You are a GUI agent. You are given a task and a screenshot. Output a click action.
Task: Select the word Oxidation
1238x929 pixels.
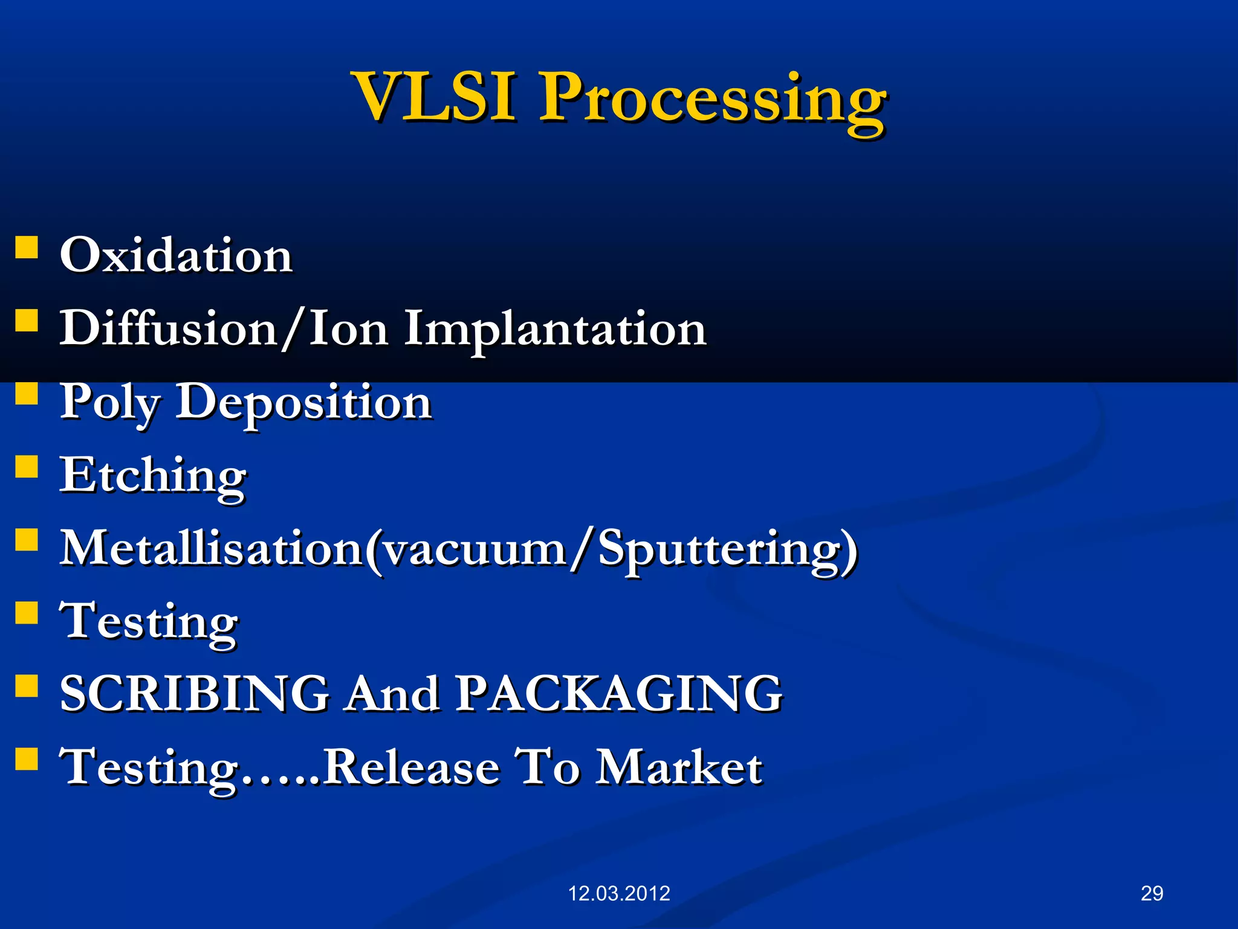click(176, 255)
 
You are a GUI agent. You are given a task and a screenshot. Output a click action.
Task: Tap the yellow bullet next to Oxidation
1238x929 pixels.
click(27, 248)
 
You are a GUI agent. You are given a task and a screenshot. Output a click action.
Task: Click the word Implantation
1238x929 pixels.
click(554, 330)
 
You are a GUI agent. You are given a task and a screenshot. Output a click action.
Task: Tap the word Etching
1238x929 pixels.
click(153, 477)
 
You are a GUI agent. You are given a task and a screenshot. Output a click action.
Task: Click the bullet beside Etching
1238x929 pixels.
click(27, 467)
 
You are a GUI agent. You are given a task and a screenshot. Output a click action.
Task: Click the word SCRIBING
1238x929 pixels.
click(195, 693)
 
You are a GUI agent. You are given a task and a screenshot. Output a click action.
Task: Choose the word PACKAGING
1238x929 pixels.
click(618, 693)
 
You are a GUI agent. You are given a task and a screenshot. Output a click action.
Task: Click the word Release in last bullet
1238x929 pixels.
click(411, 767)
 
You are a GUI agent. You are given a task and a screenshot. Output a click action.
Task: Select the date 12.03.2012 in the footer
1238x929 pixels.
click(619, 893)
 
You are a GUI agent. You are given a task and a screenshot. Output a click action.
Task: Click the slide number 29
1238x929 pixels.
click(1152, 893)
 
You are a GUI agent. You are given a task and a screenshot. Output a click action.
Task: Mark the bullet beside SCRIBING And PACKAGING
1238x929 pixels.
click(27, 686)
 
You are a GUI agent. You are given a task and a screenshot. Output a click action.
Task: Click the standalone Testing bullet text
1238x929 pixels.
click(149, 622)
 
